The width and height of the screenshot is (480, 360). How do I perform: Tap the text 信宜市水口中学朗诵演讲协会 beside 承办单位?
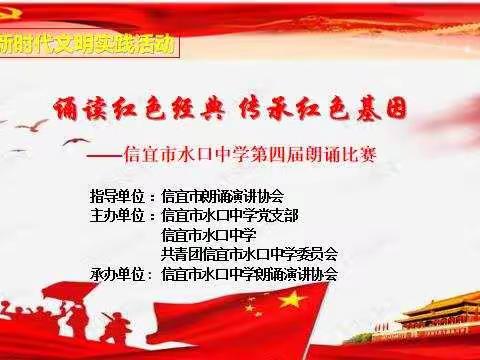point(249,273)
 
